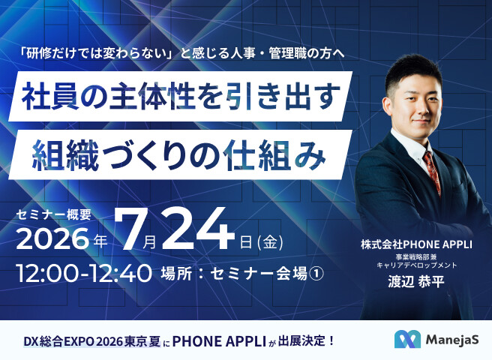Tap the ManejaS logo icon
coord(407,339)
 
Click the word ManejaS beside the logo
coord(452,340)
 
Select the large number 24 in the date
coord(198,229)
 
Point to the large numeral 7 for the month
coord(129,229)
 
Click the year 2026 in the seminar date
coord(52,238)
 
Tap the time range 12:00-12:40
coord(84,273)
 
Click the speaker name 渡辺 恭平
coord(416,281)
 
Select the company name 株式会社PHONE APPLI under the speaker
coord(416,244)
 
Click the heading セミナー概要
coord(54,214)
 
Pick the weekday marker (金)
coord(270,242)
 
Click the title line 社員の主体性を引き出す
coord(181,96)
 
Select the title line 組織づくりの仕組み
coord(178,154)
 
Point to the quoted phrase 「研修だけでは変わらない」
coord(97,54)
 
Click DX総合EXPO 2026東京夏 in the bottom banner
coord(92,341)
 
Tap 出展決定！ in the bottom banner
coord(307,340)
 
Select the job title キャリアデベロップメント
coord(417,265)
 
